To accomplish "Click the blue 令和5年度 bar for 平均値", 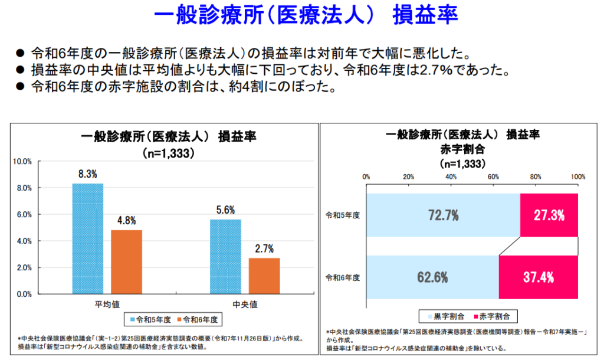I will (88, 238).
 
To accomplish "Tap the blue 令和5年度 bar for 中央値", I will (225, 256).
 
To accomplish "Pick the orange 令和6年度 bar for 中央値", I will (264, 276).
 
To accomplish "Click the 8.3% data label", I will (87, 175).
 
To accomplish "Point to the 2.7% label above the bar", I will (264, 249).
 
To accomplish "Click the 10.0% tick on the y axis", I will (22, 161).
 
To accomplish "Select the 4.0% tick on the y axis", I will (24, 241).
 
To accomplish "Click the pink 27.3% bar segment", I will (549, 215).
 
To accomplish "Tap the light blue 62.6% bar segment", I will (432, 277).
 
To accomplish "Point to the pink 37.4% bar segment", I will (538, 277).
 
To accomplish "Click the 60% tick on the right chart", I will (493, 176).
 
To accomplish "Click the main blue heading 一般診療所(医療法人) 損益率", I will (302, 16).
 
